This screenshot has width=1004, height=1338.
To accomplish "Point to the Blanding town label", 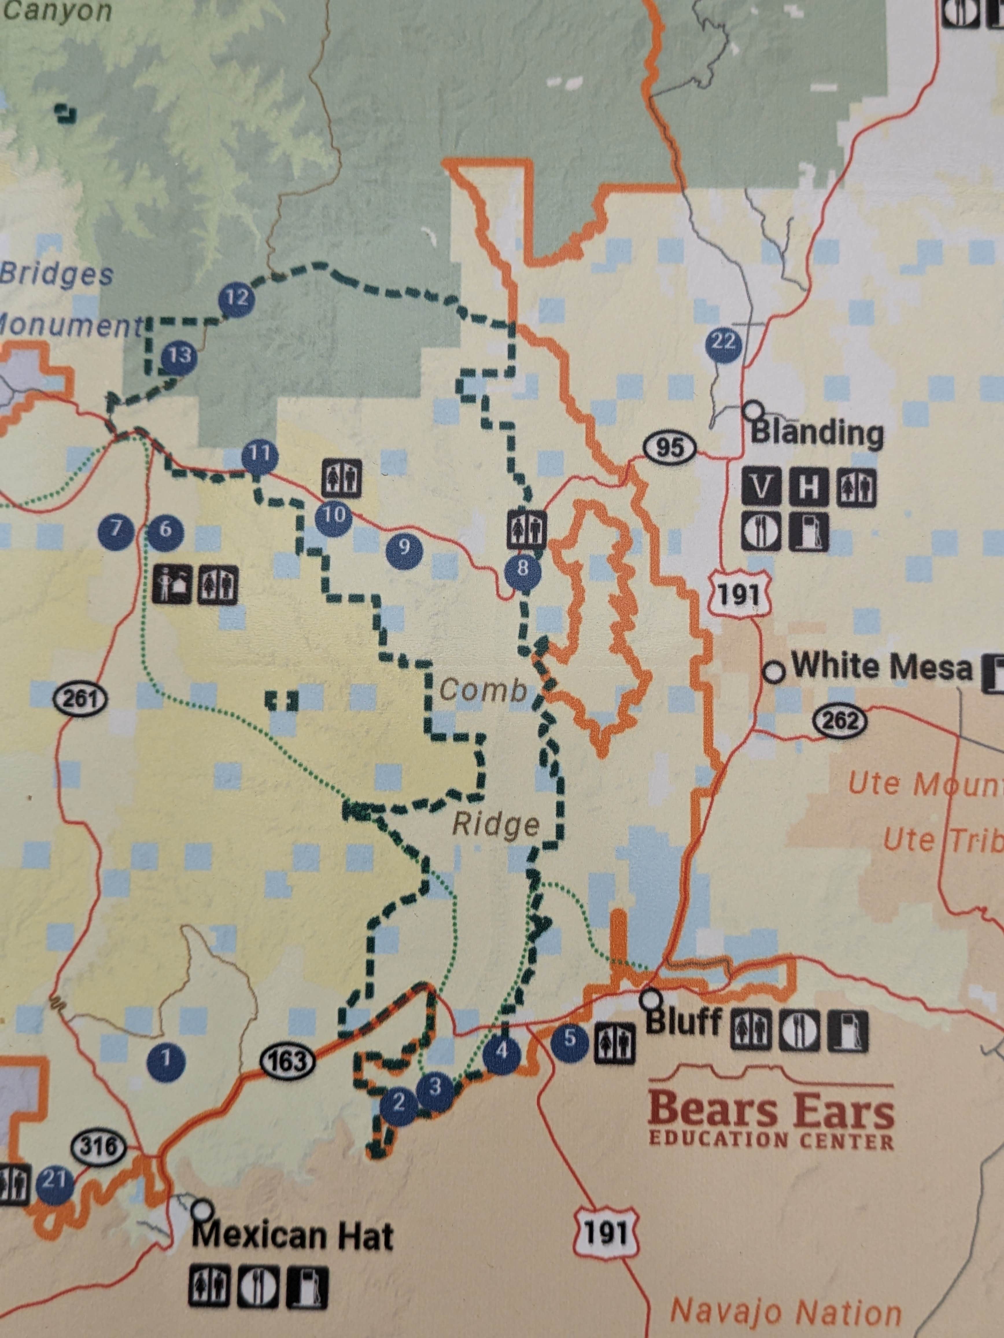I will tap(816, 433).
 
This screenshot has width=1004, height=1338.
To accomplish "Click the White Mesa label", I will tap(881, 666).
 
